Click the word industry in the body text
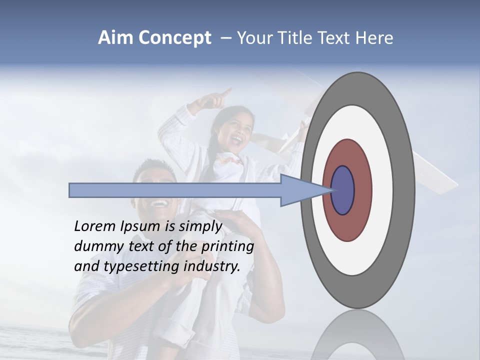point(212,266)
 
